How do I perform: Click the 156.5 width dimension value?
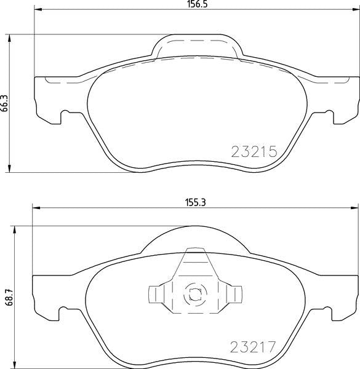(196, 4)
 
